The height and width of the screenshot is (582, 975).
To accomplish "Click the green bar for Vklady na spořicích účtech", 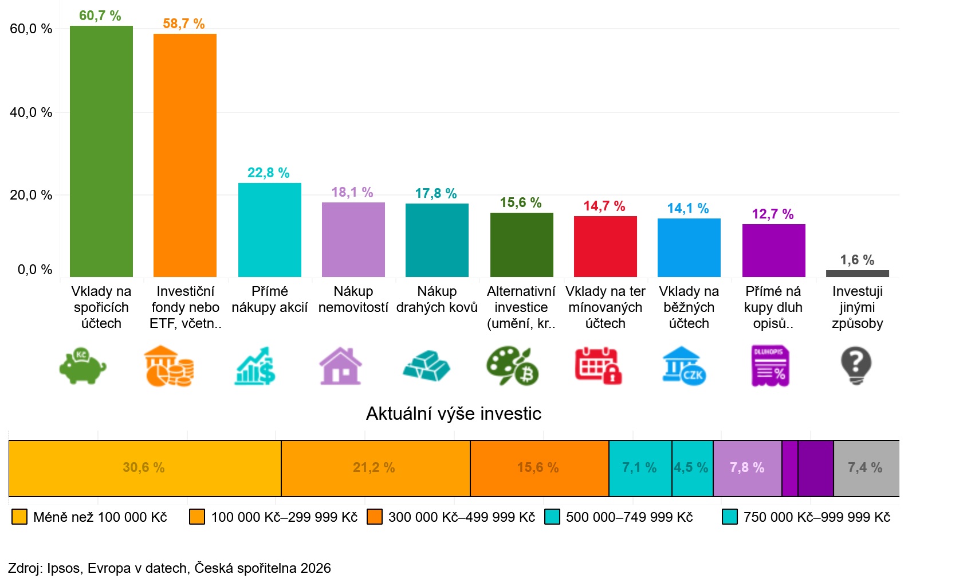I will click(x=101, y=151).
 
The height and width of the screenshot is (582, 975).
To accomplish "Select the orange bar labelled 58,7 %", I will click(x=185, y=155).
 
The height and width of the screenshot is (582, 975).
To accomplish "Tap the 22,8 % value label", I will click(x=268, y=173).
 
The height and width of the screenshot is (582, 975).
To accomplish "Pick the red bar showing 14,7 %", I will click(x=606, y=247).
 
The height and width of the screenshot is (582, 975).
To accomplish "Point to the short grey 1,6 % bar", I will click(x=857, y=274).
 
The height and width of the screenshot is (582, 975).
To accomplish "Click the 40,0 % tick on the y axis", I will click(x=31, y=112).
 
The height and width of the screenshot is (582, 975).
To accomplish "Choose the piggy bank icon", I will click(x=83, y=366).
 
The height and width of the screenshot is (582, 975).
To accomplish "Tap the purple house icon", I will click(x=340, y=366).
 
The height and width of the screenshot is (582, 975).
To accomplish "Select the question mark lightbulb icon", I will click(x=856, y=366).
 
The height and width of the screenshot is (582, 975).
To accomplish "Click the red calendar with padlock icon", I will click(x=598, y=366).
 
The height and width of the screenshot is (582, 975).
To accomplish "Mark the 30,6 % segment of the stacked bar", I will click(x=144, y=468).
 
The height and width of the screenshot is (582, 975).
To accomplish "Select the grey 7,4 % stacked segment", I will click(x=866, y=468).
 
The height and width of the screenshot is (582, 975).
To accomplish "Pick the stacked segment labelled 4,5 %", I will click(x=692, y=468).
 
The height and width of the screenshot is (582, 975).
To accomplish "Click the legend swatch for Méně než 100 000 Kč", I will click(x=19, y=517).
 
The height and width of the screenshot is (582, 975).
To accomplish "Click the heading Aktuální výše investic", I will click(x=453, y=413).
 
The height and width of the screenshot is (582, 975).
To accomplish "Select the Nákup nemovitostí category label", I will click(x=353, y=300).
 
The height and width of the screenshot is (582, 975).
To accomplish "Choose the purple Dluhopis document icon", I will click(x=770, y=366).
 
